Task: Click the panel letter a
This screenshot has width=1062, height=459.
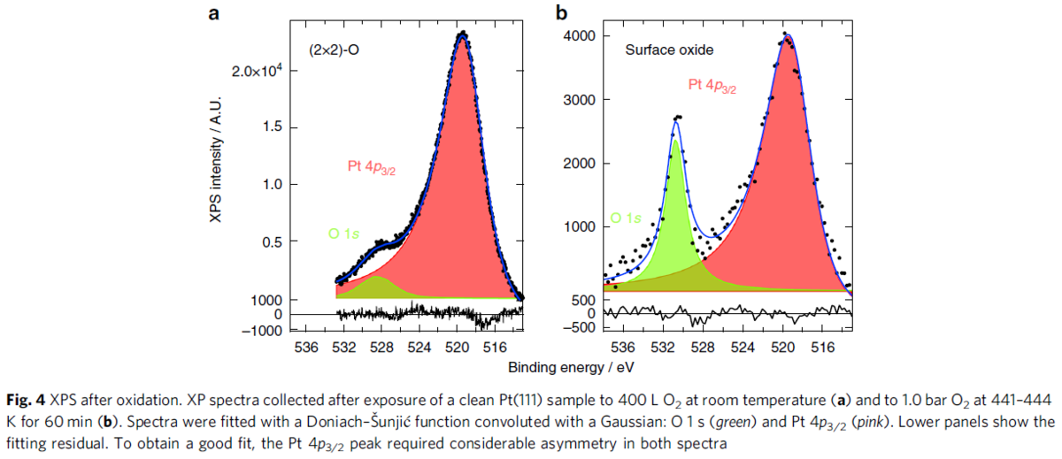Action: (214, 12)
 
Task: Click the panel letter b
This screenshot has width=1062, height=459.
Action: (559, 12)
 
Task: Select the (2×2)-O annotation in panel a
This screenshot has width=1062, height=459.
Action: (334, 50)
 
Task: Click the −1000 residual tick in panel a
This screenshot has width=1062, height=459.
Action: (265, 329)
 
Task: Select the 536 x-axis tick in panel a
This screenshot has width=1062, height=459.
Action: (305, 346)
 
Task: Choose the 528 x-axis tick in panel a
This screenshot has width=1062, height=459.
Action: (381, 346)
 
